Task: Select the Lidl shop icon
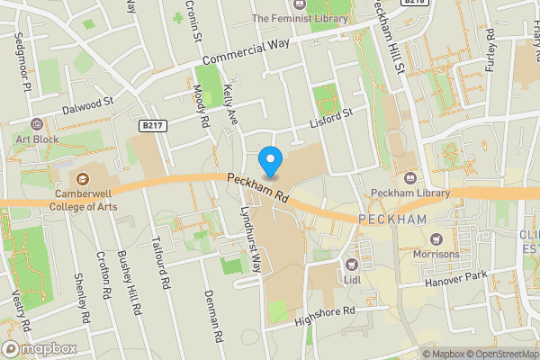(x=350, y=265)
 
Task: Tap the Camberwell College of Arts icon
(x=84, y=179)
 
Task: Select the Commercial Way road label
(x=246, y=52)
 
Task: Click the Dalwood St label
(x=85, y=106)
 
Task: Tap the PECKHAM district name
(x=392, y=220)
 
